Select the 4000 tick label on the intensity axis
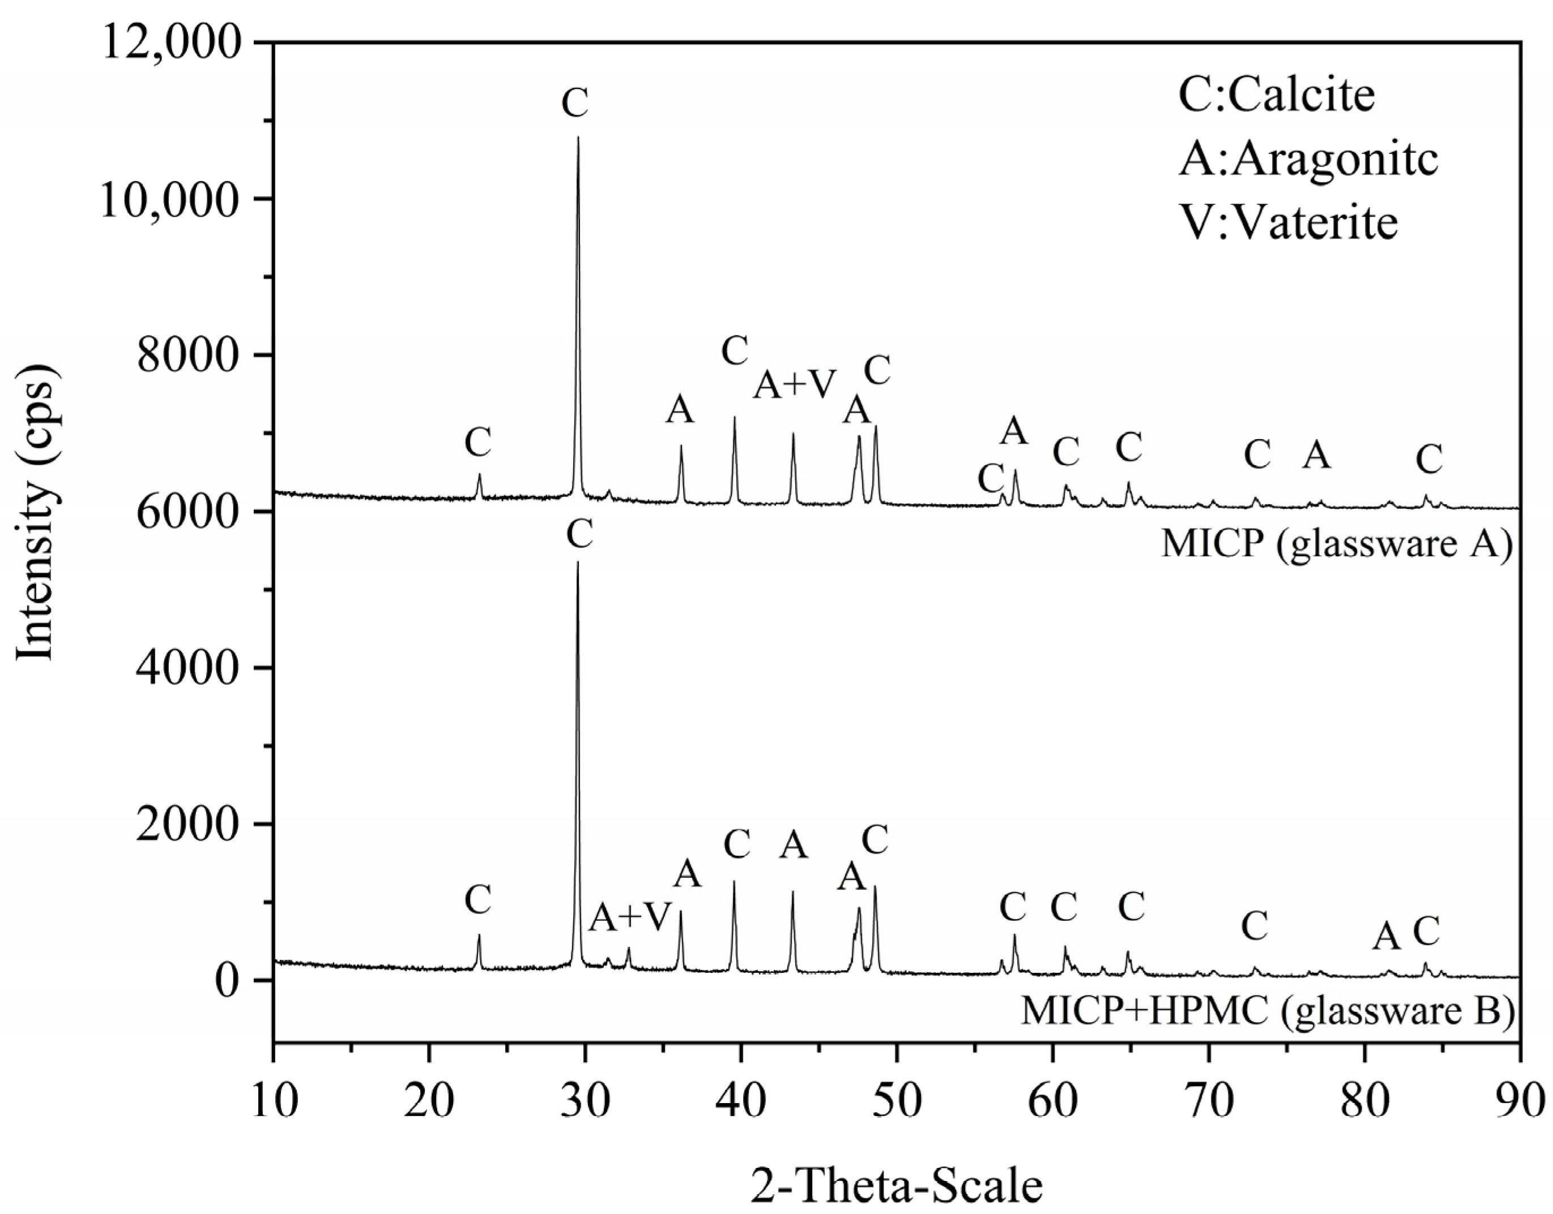click(x=195, y=669)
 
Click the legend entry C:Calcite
click(x=1277, y=94)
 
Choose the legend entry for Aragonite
click(x=1308, y=158)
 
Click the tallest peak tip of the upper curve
click(x=578, y=137)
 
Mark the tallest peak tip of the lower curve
click(x=577, y=562)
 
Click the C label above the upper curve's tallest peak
click(x=574, y=103)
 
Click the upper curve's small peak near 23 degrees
click(x=479, y=474)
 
